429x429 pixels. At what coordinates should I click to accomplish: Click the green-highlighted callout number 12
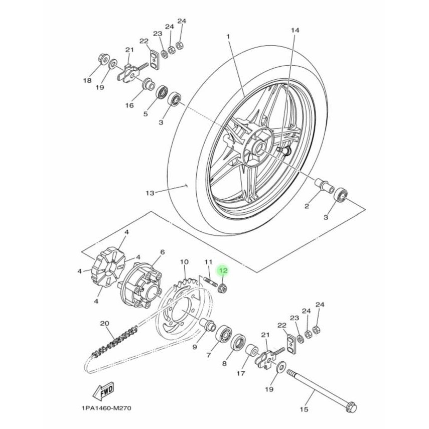tap(223, 271)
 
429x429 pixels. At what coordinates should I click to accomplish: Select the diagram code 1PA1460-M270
tap(104, 408)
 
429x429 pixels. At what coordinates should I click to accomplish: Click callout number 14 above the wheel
tap(295, 31)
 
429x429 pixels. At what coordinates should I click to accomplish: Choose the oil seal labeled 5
tap(162, 92)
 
